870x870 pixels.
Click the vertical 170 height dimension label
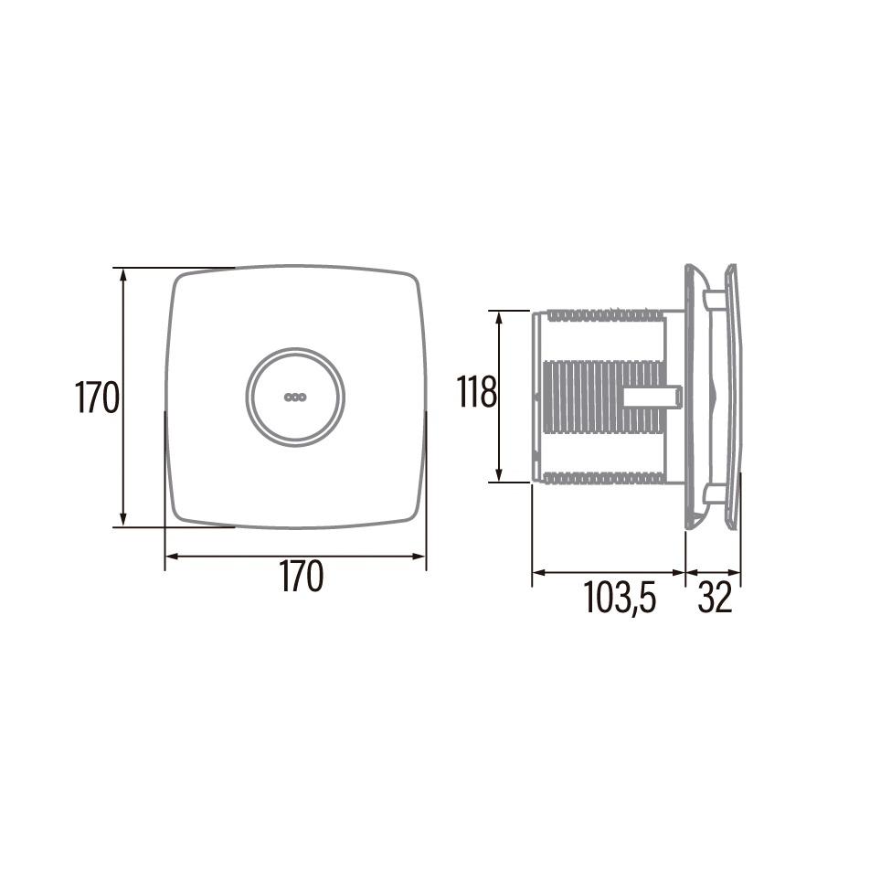[97, 398]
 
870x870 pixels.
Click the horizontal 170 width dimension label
[301, 578]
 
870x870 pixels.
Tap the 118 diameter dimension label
[476, 394]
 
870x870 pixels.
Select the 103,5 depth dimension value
[620, 599]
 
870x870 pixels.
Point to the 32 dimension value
[715, 599]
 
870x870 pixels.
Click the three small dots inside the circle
[295, 398]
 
